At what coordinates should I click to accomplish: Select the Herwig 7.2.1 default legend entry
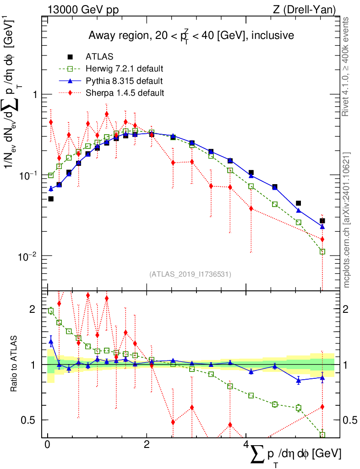point(124,69)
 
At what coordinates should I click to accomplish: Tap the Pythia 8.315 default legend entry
point(124,81)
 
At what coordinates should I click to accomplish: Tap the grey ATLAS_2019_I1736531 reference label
point(190,274)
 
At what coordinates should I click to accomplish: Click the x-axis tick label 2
point(147,445)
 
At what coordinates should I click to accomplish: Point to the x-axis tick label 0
point(48,445)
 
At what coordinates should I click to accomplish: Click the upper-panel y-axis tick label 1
point(34,94)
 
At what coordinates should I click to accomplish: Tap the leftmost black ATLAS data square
point(51,199)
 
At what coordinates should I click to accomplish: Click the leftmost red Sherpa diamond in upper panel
point(51,122)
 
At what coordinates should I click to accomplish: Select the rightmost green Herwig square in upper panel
point(322,251)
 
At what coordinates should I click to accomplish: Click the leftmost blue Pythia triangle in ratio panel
point(51,341)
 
